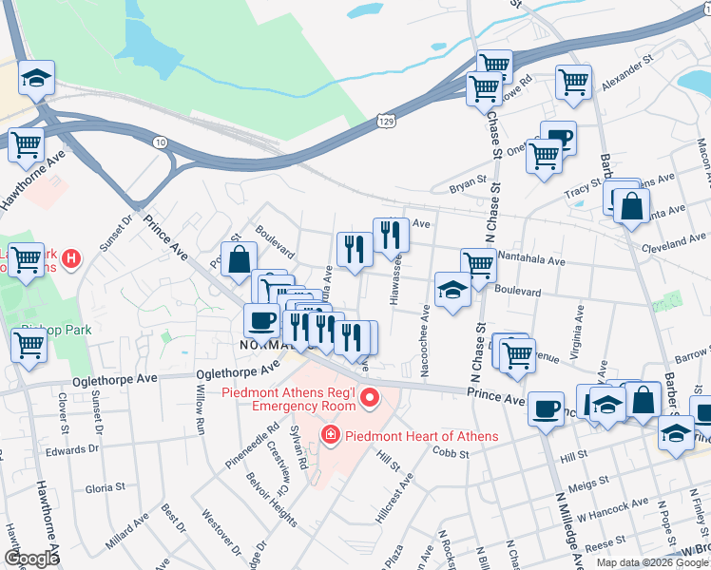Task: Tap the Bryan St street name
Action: [x=468, y=184]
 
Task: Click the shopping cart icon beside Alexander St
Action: [x=573, y=83]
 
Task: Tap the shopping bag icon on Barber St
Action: [x=630, y=205]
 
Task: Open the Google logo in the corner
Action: [x=31, y=559]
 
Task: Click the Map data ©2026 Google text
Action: [x=651, y=561]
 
